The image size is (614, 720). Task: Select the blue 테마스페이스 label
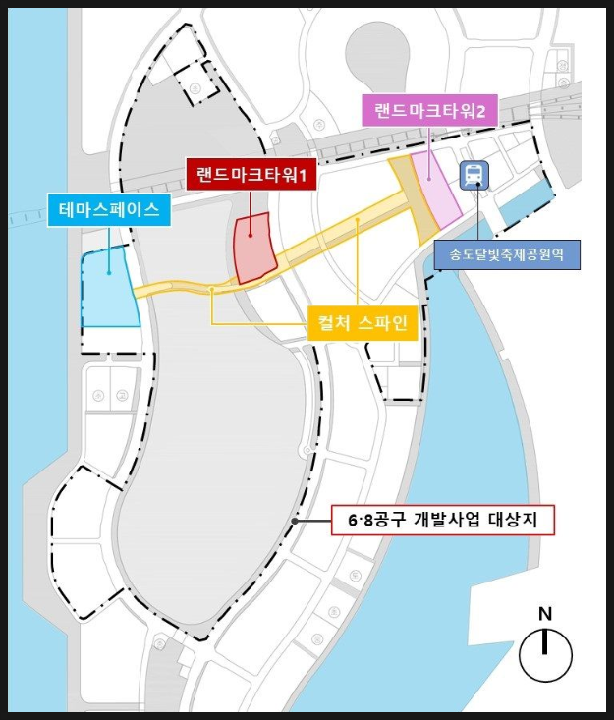[109, 208]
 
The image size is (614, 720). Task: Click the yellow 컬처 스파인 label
[363, 322]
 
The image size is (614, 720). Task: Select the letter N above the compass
[545, 613]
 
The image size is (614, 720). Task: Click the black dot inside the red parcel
[250, 234]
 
